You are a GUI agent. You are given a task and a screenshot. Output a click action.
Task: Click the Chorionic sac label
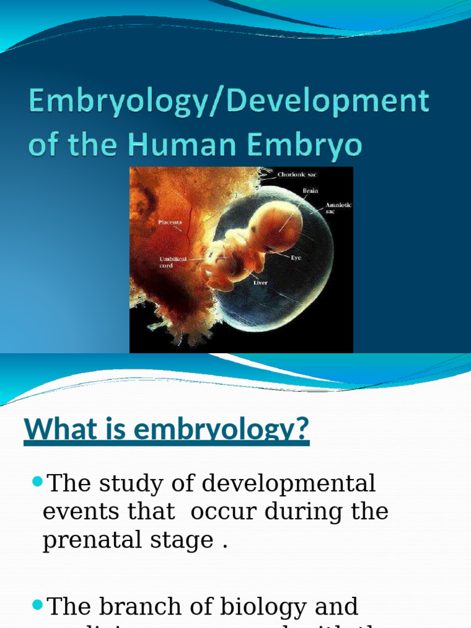point(297,175)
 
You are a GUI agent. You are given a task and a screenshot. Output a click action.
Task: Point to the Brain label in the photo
point(310,191)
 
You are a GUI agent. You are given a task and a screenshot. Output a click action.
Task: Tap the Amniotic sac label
point(338,208)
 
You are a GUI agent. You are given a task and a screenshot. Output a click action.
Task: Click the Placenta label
point(169,221)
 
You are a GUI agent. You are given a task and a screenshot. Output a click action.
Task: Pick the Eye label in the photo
point(296,258)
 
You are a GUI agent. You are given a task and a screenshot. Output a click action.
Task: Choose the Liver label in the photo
point(261,283)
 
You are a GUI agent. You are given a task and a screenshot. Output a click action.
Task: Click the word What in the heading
point(55,429)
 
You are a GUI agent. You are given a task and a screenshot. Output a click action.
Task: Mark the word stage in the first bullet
point(185,540)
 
